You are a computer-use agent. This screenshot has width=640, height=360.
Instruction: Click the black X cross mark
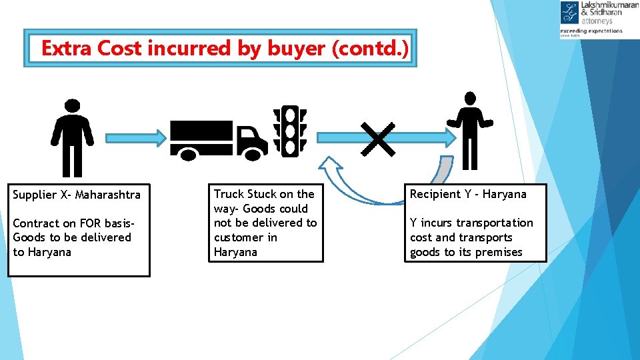pos(378,139)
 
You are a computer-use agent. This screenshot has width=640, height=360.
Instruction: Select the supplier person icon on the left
pos(73,137)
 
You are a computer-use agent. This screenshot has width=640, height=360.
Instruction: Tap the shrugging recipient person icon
pos(470,130)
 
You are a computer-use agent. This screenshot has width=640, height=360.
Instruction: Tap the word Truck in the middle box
pos(229,194)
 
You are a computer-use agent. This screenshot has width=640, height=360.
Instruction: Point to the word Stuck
pos(263,194)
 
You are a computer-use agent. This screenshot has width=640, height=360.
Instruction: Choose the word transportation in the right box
pos(495,223)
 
